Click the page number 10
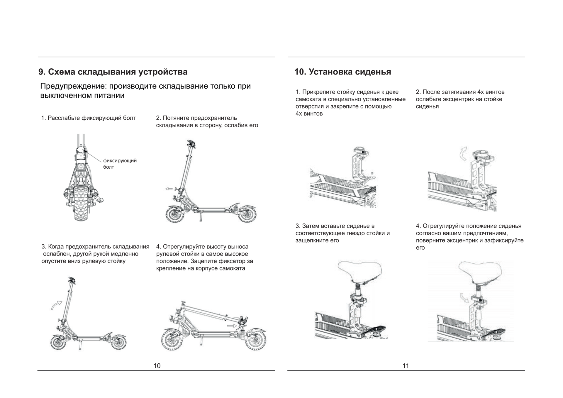[157, 366]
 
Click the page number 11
[406, 366]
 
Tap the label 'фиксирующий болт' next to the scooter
[120, 164]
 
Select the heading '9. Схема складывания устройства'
[113, 72]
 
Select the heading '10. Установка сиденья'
[342, 72]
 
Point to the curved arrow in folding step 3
[56, 305]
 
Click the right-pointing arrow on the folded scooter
[232, 326]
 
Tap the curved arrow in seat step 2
[463, 154]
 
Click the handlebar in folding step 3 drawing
[72, 280]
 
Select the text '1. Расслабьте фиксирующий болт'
[88, 118]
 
